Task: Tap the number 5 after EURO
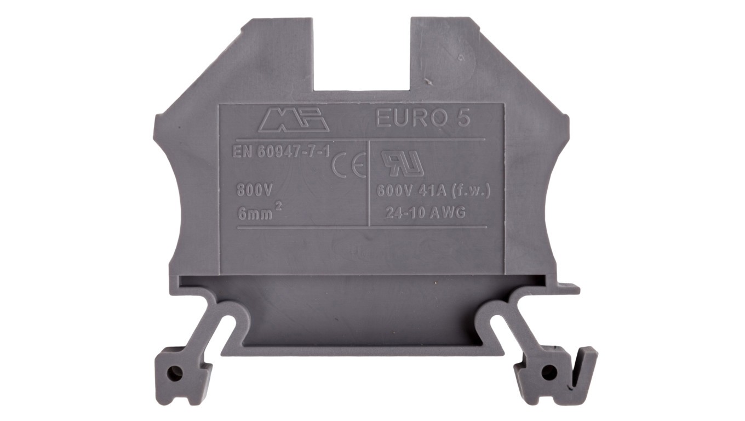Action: pyautogui.click(x=464, y=118)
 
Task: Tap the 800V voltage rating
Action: pyautogui.click(x=255, y=191)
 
